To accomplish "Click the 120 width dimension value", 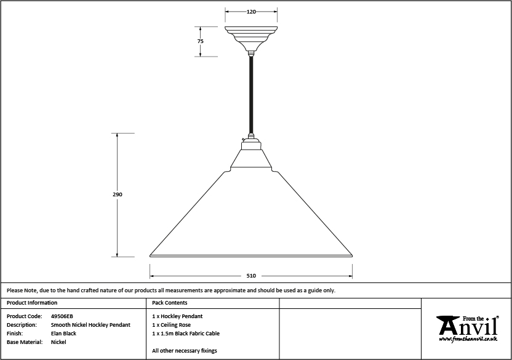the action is [x=251, y=12].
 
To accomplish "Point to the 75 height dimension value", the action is [x=200, y=41].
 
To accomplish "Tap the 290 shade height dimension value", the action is [x=117, y=194].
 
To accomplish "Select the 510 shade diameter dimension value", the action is [x=251, y=276].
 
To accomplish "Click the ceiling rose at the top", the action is [x=251, y=39].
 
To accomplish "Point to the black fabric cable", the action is [x=251, y=95].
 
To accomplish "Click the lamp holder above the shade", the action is [x=251, y=145].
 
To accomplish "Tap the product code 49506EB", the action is [x=62, y=316].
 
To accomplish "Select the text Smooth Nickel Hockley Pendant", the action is [x=90, y=325].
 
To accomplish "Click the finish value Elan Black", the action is [x=63, y=334].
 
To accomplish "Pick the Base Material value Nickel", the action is [x=58, y=342].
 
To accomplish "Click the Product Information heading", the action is [x=32, y=303].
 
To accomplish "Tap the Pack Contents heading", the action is [x=169, y=303].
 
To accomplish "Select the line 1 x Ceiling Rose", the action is [x=172, y=325].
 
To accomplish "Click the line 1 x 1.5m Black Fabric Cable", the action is [x=186, y=334].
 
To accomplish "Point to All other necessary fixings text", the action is [x=185, y=351].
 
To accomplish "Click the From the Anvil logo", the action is [x=468, y=329].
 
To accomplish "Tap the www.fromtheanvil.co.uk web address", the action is [x=468, y=339].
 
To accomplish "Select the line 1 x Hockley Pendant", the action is [x=177, y=316].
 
